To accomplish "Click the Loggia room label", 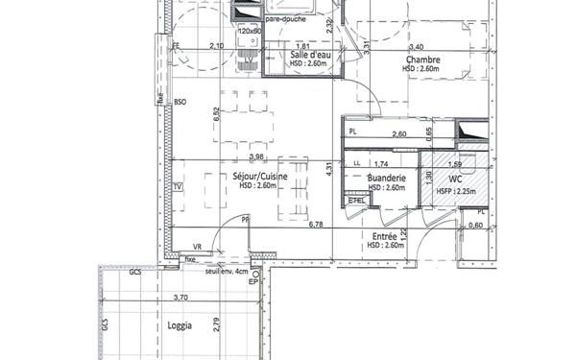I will pyautogui.click(x=180, y=325).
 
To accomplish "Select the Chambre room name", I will pyautogui.click(x=420, y=60).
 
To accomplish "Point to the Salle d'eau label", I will pyautogui.click(x=313, y=55).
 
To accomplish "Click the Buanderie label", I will pyautogui.click(x=386, y=179).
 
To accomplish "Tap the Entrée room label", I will pyautogui.click(x=385, y=235).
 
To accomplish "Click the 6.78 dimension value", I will pyautogui.click(x=316, y=225).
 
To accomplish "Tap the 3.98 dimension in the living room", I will pyautogui.click(x=255, y=156).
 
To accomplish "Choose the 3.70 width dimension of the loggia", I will pyautogui.click(x=179, y=298).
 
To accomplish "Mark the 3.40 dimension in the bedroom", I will pyautogui.click(x=416, y=46).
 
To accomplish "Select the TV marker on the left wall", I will pyautogui.click(x=178, y=187).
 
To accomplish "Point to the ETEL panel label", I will pyautogui.click(x=357, y=201).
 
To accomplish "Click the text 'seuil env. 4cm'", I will pyautogui.click(x=227, y=272).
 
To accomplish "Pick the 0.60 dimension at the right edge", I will pyautogui.click(x=475, y=226).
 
